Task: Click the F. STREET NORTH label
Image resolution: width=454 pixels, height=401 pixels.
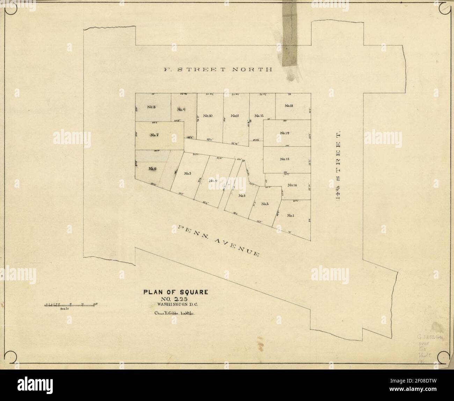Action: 218,69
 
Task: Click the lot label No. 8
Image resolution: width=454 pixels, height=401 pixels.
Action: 151,107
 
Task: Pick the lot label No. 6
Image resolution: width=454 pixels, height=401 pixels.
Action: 152,169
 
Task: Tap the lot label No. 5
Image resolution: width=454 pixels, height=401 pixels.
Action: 187,173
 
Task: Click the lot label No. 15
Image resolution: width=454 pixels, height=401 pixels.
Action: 285,159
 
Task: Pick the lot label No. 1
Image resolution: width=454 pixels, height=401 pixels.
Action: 291,215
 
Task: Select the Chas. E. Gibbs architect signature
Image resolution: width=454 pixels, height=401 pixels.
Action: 174,313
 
